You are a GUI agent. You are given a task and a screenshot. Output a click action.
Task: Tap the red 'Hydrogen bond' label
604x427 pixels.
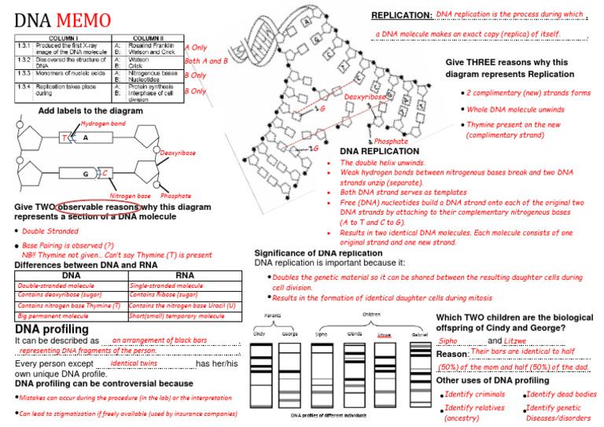(x=103, y=124)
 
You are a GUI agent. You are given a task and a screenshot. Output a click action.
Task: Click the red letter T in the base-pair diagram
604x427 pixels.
(x=64, y=138)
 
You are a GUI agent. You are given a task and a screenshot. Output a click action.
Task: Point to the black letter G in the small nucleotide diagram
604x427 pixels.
(x=84, y=173)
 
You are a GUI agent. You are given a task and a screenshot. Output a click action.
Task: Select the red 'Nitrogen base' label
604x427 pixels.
(x=130, y=195)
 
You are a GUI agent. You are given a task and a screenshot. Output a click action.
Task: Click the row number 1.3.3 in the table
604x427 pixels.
(x=25, y=73)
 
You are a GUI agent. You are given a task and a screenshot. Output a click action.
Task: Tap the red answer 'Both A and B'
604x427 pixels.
(x=206, y=61)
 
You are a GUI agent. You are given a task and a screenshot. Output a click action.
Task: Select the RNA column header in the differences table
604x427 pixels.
(x=186, y=275)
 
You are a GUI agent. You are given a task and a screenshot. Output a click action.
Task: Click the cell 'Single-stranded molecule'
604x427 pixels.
(x=166, y=286)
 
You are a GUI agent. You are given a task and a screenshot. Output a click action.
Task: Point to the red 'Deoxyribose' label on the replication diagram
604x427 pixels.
(x=365, y=97)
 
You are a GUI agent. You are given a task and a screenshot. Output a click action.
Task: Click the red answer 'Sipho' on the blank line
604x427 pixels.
(x=448, y=341)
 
